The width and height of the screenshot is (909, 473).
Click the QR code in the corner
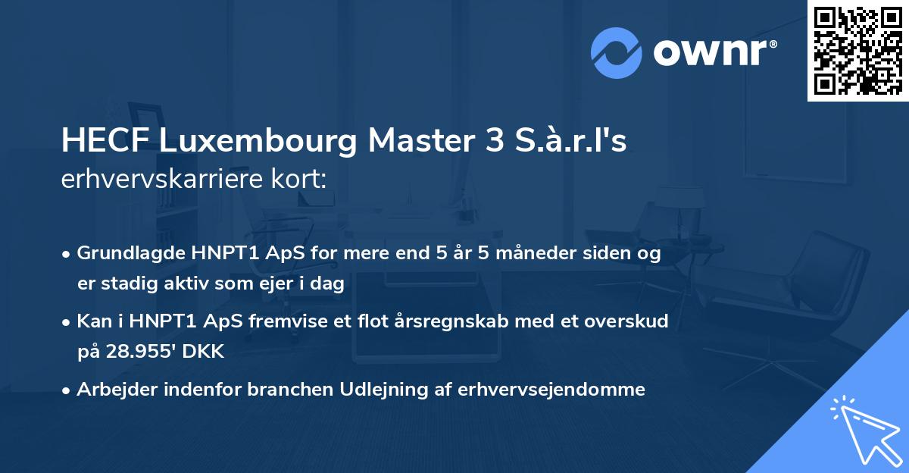click(857, 51)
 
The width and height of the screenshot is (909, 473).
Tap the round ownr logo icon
click(617, 52)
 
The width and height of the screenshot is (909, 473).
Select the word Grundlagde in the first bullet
click(126, 253)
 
